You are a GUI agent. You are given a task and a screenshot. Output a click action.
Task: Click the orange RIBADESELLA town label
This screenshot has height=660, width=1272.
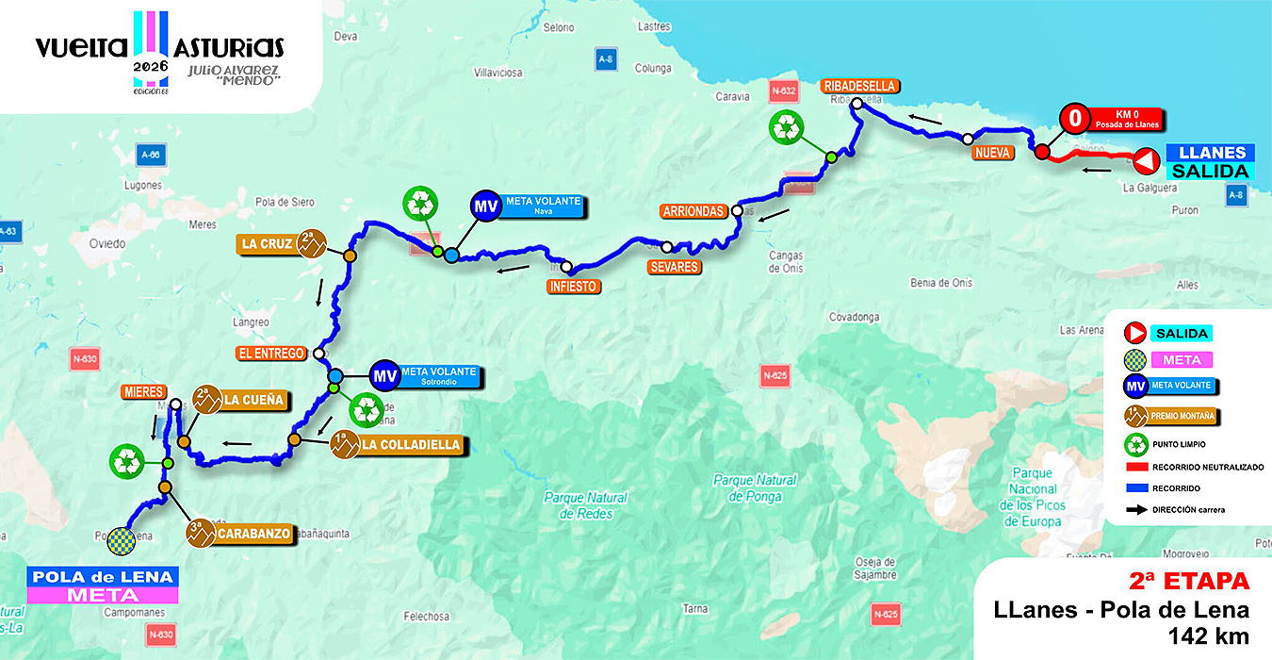click(x=860, y=86)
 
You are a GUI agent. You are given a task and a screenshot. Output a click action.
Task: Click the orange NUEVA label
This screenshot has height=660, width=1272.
click(x=993, y=153)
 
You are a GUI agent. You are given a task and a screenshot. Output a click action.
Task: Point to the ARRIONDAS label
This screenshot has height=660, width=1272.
click(x=693, y=211)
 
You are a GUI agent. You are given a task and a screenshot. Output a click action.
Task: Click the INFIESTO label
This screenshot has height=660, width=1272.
click(x=573, y=286)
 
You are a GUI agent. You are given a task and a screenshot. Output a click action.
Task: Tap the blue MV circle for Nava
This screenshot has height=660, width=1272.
click(x=485, y=207)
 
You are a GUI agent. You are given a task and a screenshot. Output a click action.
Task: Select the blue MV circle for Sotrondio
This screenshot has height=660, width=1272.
click(x=383, y=375)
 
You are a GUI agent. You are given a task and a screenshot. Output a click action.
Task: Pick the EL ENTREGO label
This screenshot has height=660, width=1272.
click(x=271, y=354)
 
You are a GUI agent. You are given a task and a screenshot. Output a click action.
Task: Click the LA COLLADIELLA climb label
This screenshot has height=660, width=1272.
click(x=411, y=445)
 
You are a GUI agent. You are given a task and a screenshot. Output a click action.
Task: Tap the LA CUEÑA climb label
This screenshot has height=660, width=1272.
click(x=252, y=400)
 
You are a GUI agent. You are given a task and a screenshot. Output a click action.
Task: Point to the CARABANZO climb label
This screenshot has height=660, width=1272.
click(x=253, y=534)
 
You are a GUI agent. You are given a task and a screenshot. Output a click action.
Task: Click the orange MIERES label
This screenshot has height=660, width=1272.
click(x=143, y=391)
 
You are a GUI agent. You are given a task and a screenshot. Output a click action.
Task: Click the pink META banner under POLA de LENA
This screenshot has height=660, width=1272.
click(x=103, y=595)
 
